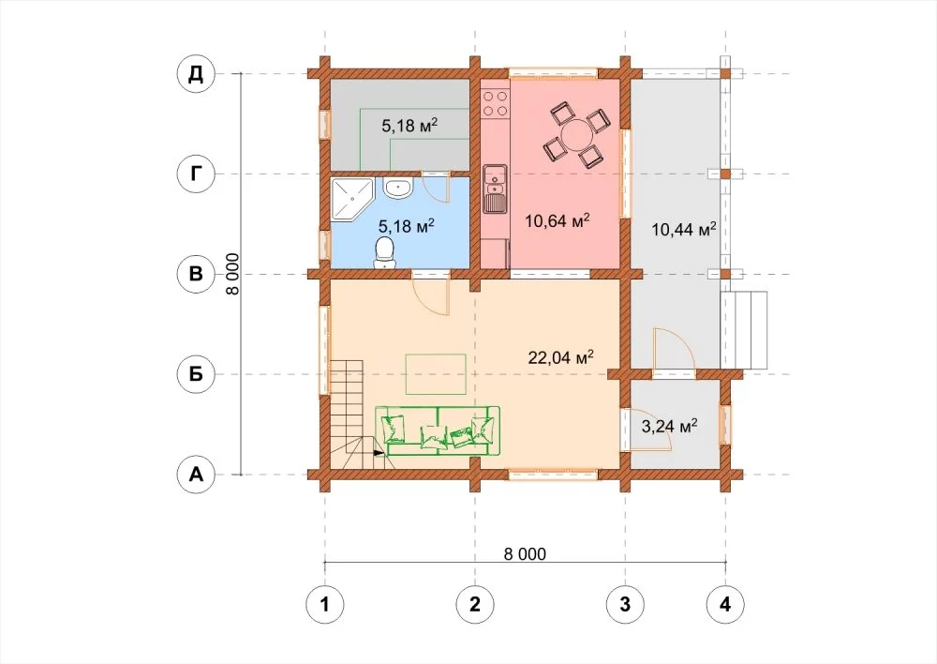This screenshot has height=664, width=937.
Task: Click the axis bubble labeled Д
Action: click(196, 74)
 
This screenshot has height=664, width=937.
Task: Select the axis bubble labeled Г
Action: click(196, 174)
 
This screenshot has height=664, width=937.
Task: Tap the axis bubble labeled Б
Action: click(196, 374)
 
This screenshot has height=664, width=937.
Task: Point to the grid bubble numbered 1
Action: click(325, 604)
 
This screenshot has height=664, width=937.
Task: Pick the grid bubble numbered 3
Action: click(625, 604)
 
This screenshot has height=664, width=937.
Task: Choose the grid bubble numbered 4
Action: click(725, 604)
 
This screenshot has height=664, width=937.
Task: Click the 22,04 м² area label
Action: click(560, 357)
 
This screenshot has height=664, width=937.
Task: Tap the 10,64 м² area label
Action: click(558, 221)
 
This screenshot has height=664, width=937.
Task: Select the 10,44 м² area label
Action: click(684, 229)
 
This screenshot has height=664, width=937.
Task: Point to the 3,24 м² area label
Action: click(669, 427)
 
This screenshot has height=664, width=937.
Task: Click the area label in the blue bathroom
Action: click(407, 226)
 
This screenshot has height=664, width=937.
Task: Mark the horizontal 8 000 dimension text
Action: click(525, 554)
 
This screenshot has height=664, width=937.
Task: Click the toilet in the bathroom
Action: click(383, 252)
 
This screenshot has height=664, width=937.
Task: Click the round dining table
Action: click(576, 136)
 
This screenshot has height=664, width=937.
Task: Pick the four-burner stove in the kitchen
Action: click(495, 103)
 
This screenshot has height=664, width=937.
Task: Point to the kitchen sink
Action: click(494, 189)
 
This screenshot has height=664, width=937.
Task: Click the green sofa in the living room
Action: click(438, 430)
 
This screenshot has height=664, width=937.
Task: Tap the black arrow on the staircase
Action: click(379, 453)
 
